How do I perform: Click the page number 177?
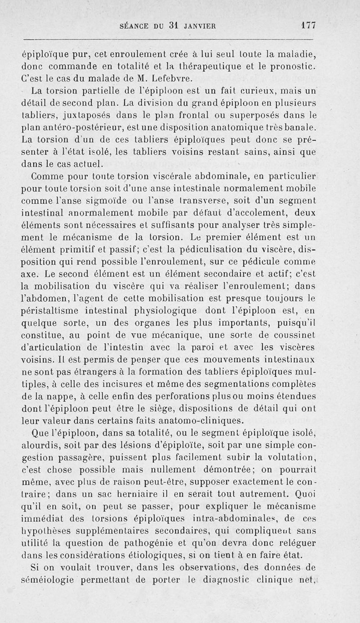[x=309, y=26]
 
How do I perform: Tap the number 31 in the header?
[x=170, y=26]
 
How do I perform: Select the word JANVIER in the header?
[x=199, y=26]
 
